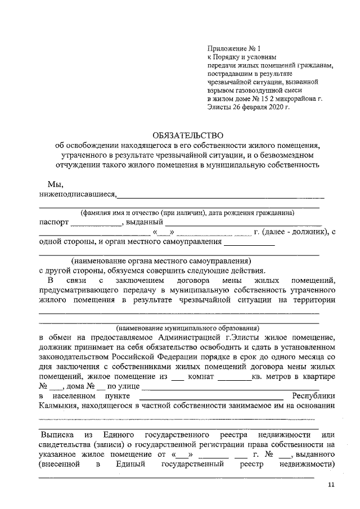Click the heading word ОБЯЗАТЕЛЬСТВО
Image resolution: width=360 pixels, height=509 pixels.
188,135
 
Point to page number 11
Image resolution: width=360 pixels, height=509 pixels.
331,485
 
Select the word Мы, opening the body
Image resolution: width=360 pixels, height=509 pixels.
55,184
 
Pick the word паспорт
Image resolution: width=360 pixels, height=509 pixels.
53,222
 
